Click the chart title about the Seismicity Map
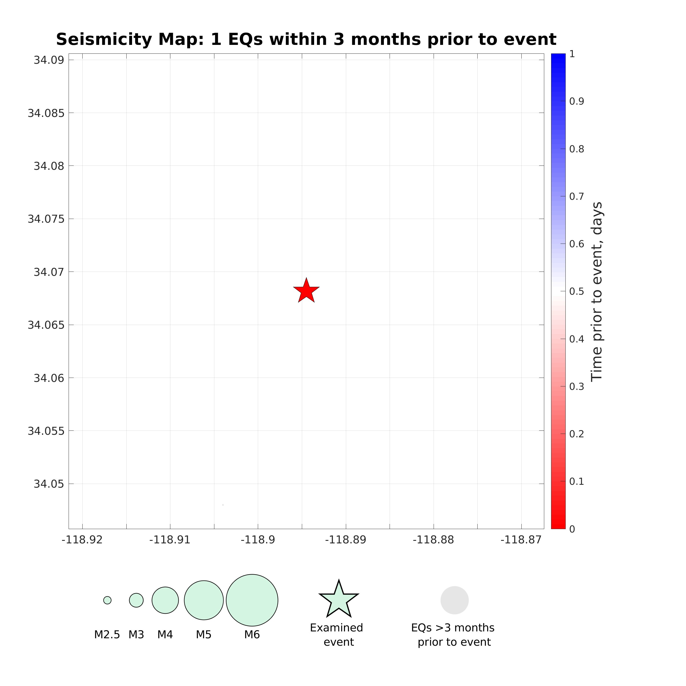306,39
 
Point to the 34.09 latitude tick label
49,60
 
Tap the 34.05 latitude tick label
49,484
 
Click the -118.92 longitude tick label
82,540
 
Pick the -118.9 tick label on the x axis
258,540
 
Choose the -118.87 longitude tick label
521,540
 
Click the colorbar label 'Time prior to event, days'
597,292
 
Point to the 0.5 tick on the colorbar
577,292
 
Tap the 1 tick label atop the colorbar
572,54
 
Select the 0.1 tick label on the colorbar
577,481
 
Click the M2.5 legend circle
107,600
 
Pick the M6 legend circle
252,600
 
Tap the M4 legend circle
165,600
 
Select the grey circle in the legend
454,600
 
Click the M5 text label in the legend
204,635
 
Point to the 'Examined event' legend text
337,635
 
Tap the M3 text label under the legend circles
136,635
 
